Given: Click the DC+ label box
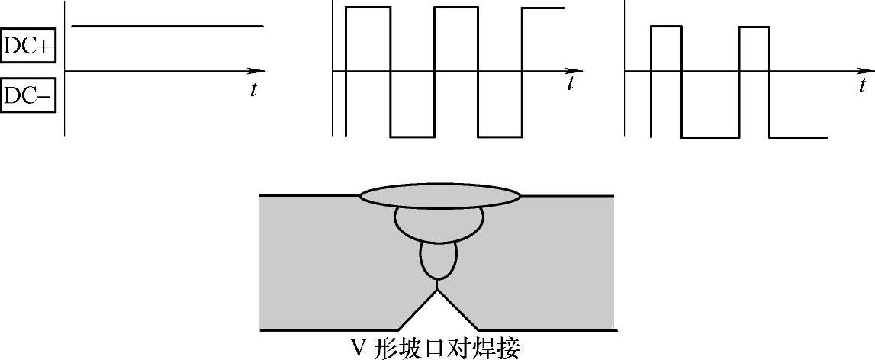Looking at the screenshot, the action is pos(28,47).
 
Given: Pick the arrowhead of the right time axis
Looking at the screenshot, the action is pos(867,72).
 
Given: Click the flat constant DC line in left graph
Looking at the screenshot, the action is pos(168,27).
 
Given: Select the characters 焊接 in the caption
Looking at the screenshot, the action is pos(496,349).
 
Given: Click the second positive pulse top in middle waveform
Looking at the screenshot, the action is pos(455,8).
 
